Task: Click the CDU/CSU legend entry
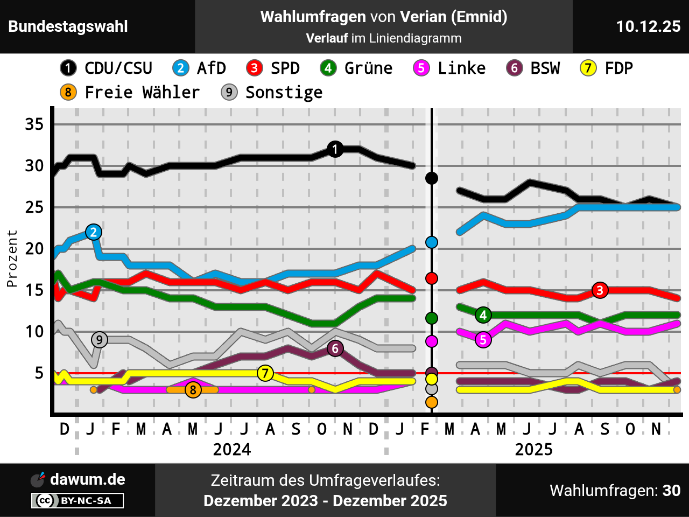pos(107,68)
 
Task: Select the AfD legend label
pos(200,68)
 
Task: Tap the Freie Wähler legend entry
pos(130,93)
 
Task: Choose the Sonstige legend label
pos(272,93)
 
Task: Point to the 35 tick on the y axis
pos(34,124)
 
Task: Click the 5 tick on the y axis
pos(39,373)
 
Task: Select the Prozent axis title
pos(12,258)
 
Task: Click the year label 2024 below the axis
pos(232,449)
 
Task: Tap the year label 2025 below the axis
pos(533,449)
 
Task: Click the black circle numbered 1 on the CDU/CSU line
pos(335,149)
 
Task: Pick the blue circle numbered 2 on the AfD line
pos(94,232)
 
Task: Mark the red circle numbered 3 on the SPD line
pos(600,290)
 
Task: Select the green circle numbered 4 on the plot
pos(483,315)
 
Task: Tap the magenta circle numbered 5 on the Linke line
pos(483,340)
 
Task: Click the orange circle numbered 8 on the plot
pos(193,389)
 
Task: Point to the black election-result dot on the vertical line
pos(431,178)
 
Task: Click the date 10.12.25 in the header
pos(648,26)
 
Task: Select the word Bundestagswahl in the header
pos(68,26)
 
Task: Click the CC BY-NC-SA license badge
pos(78,501)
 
